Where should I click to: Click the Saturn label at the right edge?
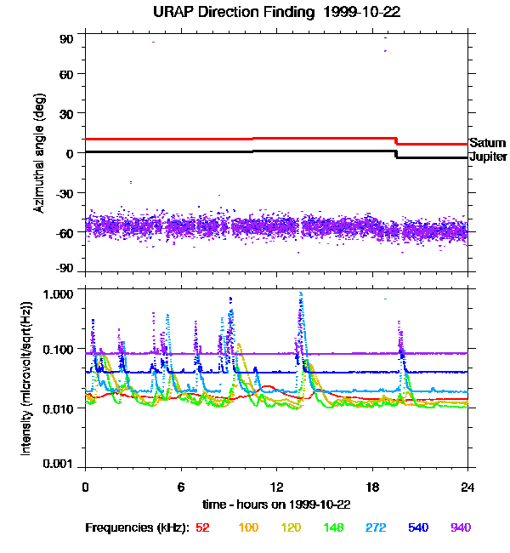click(488, 143)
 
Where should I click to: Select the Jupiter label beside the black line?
click(489, 157)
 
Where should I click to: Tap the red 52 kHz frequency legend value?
click(202, 527)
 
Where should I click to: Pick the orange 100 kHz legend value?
click(248, 527)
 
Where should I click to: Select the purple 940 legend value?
click(460, 527)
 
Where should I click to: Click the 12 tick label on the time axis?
click(276, 487)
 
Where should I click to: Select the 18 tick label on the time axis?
click(372, 487)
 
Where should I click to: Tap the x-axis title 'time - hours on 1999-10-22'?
click(277, 505)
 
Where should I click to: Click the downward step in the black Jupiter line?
click(396, 154)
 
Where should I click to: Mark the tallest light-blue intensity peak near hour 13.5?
click(301, 294)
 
